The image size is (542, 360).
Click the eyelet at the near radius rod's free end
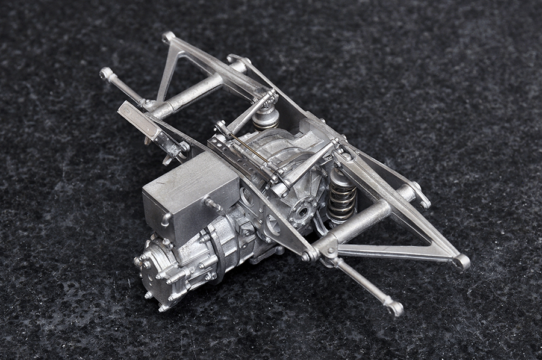[395, 308]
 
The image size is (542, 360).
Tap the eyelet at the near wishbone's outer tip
[461, 261]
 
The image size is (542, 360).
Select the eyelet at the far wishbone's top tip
[168, 37]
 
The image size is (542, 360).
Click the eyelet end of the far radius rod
[107, 73]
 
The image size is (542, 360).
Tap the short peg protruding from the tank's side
[213, 205]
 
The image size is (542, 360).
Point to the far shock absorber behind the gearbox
[265, 116]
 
